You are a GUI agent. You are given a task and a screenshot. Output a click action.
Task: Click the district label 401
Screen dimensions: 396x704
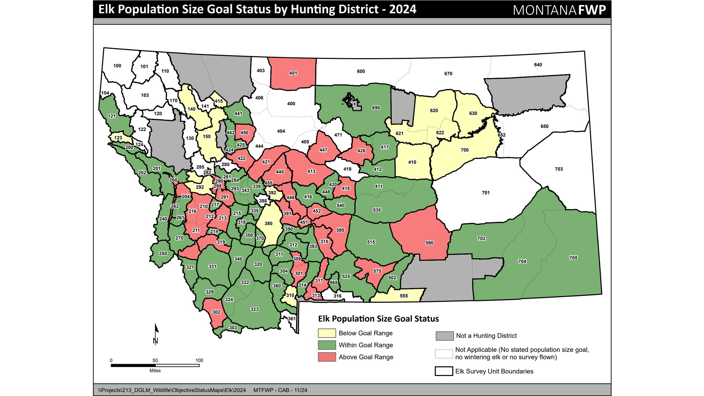tap(293, 73)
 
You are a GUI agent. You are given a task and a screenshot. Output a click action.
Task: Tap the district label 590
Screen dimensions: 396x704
tap(429, 243)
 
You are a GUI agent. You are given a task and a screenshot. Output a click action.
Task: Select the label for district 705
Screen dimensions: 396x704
tap(573, 258)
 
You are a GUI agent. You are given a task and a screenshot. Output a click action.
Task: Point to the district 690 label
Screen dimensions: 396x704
tap(376, 108)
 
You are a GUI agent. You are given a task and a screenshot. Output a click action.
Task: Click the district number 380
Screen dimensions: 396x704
tap(268, 223)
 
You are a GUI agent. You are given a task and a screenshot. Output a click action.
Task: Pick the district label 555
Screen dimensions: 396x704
tap(404, 296)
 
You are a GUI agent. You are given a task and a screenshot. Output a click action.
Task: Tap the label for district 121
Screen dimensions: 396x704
tap(112, 116)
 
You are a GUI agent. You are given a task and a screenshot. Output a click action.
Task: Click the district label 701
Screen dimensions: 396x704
tap(485, 193)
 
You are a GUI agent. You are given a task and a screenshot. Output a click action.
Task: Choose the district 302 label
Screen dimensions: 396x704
tap(216, 312)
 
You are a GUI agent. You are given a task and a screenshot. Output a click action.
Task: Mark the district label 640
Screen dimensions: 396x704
tap(538, 65)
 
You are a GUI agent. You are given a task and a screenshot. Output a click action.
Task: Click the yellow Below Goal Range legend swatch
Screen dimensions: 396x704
tap(327, 333)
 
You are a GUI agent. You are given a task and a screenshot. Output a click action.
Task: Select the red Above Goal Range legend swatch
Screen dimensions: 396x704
tap(327, 357)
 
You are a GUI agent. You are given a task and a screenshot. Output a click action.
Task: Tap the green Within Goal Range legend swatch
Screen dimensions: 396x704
tap(327, 345)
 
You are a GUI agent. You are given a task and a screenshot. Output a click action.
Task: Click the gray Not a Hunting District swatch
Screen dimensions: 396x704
tap(444, 336)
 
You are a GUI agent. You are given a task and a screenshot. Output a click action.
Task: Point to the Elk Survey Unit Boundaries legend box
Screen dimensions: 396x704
tap(444, 371)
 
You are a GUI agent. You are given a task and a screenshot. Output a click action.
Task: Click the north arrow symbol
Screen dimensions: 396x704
tap(156, 334)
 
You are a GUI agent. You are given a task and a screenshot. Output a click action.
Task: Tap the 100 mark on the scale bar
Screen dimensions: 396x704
tap(199, 361)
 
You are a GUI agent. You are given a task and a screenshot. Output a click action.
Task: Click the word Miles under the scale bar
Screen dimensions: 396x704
tap(155, 371)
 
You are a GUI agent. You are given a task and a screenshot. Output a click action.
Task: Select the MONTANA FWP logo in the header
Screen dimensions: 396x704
tap(559, 10)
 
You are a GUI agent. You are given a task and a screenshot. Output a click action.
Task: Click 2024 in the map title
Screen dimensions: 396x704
tap(402, 9)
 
